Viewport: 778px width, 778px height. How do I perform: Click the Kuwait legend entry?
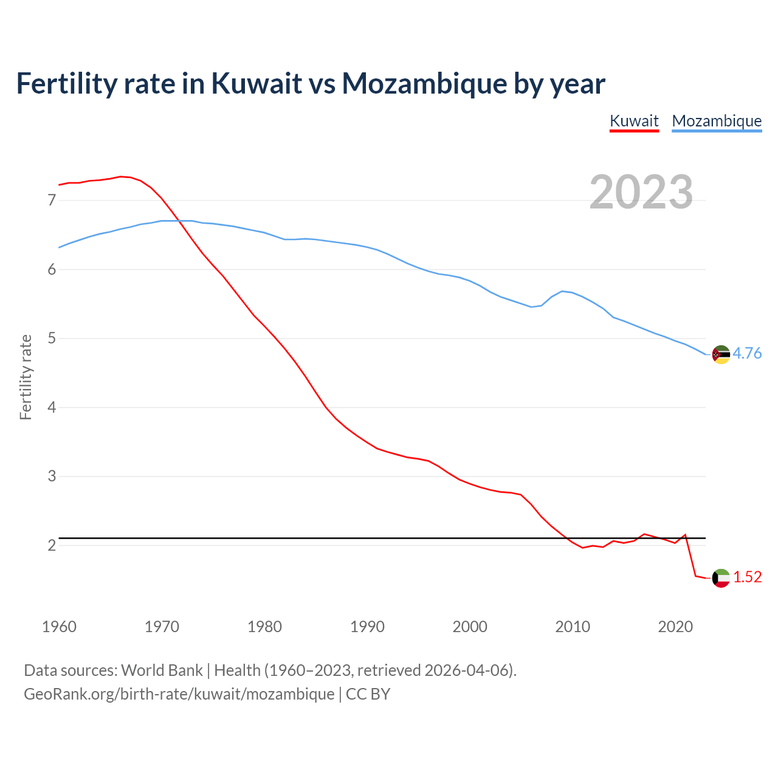pyautogui.click(x=634, y=121)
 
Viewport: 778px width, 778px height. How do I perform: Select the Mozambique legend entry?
pyautogui.click(x=717, y=121)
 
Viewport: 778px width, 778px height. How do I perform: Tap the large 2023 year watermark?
pyautogui.click(x=641, y=192)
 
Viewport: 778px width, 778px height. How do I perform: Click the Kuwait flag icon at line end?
pyautogui.click(x=721, y=578)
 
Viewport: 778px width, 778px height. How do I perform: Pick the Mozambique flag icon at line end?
pyautogui.click(x=721, y=354)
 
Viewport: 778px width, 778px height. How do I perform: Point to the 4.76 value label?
pyautogui.click(x=747, y=353)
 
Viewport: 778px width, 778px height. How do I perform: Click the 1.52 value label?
pyautogui.click(x=747, y=577)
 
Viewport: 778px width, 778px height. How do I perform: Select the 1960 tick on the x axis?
pyautogui.click(x=59, y=627)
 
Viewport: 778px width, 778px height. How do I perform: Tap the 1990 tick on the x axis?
pyautogui.click(x=367, y=627)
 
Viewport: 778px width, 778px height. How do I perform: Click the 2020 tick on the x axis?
pyautogui.click(x=675, y=627)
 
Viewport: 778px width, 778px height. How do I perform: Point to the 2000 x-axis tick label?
pyautogui.click(x=470, y=627)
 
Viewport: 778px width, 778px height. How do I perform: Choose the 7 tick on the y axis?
pyautogui.click(x=52, y=200)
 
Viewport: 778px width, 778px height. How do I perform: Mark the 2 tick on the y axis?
pyautogui.click(x=52, y=545)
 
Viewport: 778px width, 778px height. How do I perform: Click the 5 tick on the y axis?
pyautogui.click(x=52, y=338)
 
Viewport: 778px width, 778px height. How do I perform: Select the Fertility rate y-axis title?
pyautogui.click(x=26, y=377)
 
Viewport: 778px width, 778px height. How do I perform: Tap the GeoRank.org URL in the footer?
pyautogui.click(x=179, y=694)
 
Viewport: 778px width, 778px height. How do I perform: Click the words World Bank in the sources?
pyautogui.click(x=162, y=670)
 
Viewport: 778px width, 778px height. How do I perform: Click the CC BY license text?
pyautogui.click(x=368, y=694)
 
